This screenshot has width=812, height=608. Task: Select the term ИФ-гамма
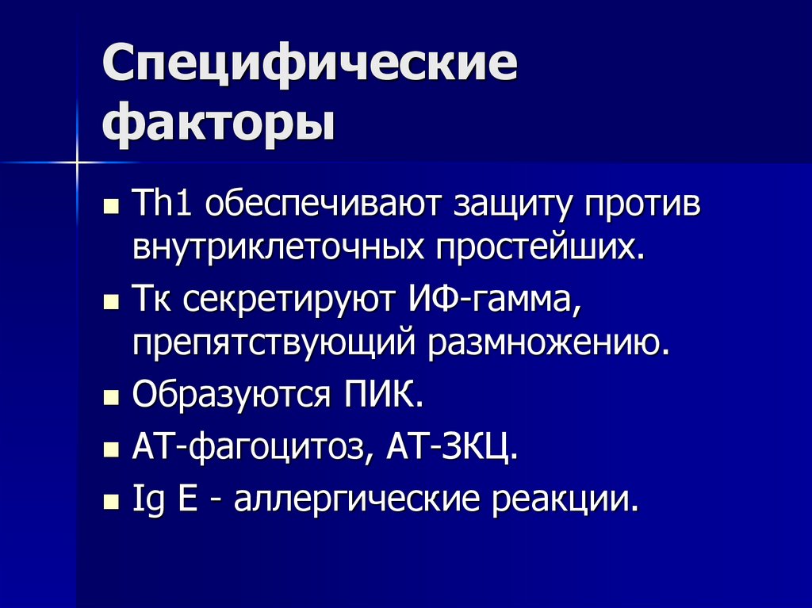(x=497, y=301)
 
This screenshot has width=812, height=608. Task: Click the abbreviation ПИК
(x=381, y=394)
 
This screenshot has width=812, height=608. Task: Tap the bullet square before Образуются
(x=111, y=397)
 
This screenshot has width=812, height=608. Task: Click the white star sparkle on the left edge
(x=77, y=162)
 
